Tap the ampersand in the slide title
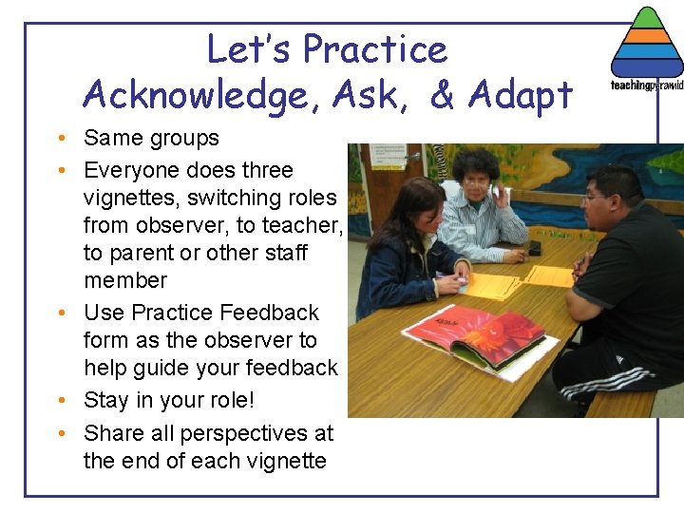tap(443, 95)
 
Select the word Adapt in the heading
tap(522, 95)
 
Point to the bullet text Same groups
tap(151, 138)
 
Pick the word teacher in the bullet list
tap(299, 225)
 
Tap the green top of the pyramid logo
tap(646, 19)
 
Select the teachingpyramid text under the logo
tap(646, 85)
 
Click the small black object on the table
tap(535, 248)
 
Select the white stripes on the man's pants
tap(594, 381)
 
